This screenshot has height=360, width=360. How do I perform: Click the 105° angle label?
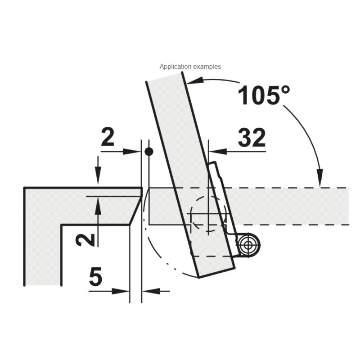click(x=264, y=95)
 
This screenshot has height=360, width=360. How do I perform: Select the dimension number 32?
click(x=252, y=138)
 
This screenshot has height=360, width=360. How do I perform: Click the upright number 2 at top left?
click(x=108, y=137)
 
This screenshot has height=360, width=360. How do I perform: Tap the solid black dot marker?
click(x=149, y=152)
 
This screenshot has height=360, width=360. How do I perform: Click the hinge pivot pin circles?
click(x=248, y=245)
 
